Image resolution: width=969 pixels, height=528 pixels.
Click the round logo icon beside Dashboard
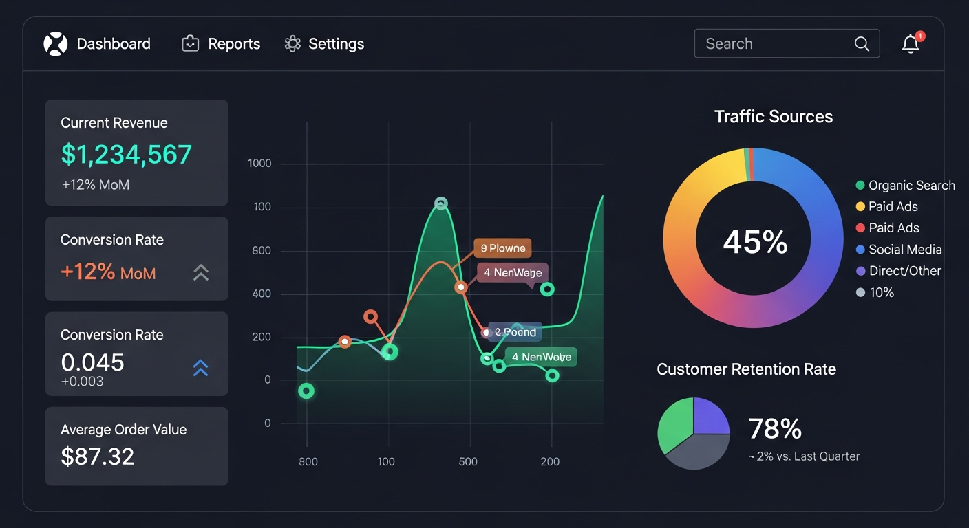pos(56,44)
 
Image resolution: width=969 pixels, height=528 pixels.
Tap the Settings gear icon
pos(292,44)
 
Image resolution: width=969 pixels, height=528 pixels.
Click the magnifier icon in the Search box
pos(862,44)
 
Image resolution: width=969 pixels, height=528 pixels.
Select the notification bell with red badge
pos(911,44)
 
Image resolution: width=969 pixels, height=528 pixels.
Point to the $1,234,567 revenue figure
pos(126,155)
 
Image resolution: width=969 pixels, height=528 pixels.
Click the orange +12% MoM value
pos(108,272)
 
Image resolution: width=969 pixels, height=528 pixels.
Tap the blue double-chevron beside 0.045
pos(200,368)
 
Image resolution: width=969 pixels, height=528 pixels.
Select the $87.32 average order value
pos(97,456)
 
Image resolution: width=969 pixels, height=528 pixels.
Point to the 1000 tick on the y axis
pos(259,164)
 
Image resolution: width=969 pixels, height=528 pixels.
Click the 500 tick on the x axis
pos(468,461)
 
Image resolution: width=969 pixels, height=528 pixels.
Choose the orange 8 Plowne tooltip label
pos(502,248)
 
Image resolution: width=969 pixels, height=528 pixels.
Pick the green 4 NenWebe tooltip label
pos(541,357)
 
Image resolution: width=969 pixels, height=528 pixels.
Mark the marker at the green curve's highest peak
pos(441,203)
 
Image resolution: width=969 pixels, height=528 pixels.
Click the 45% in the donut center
pos(755,242)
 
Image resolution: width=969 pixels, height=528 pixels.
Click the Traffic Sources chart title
pos(774,117)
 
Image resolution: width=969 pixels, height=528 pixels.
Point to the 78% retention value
pos(775,429)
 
